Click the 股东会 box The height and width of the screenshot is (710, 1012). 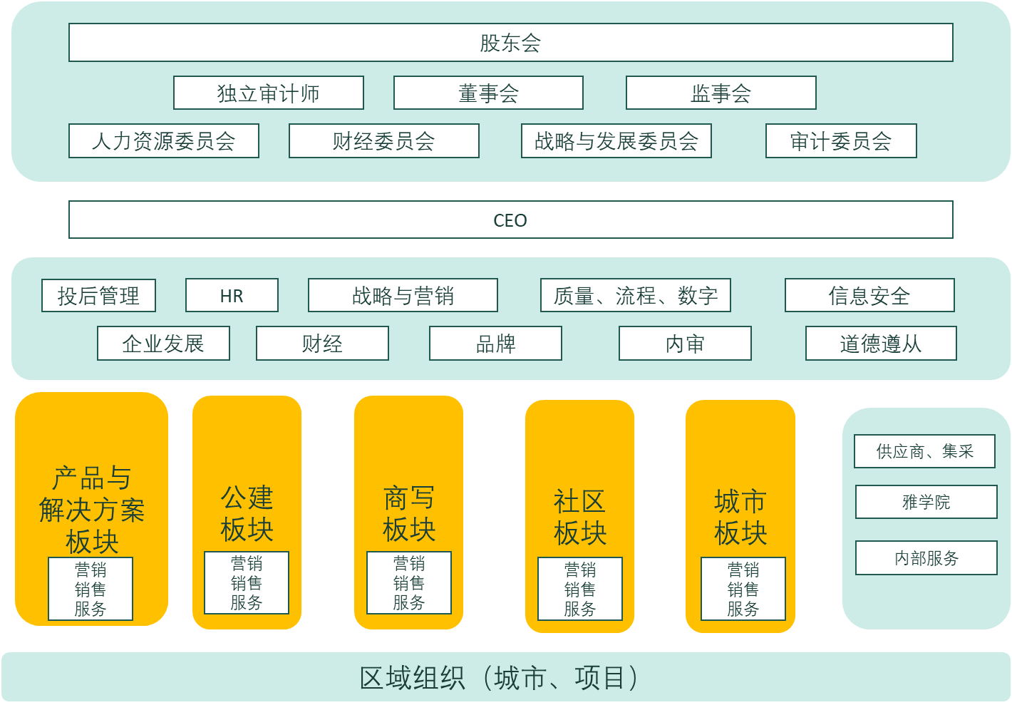pyautogui.click(x=510, y=43)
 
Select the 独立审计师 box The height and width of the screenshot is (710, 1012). pyautogui.click(x=269, y=93)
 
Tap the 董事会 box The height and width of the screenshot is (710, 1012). pyautogui.click(x=488, y=93)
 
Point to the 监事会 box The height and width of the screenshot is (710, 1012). pyautogui.click(x=721, y=93)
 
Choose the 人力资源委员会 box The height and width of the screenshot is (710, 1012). pyautogui.click(x=163, y=141)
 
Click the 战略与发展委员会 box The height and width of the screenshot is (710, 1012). pyautogui.click(x=616, y=141)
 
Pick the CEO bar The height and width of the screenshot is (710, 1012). pyautogui.click(x=510, y=220)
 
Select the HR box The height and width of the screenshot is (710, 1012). pyautogui.click(x=232, y=296)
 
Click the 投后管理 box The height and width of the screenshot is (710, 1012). pyautogui.click(x=98, y=296)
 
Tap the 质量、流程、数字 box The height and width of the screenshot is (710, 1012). pyautogui.click(x=636, y=296)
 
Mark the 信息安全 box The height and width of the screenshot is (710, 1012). pyautogui.click(x=869, y=296)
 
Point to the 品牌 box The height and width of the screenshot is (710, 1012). pyautogui.click(x=495, y=344)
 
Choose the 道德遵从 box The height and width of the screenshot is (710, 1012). pyautogui.click(x=881, y=344)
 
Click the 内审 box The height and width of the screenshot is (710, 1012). pyautogui.click(x=685, y=344)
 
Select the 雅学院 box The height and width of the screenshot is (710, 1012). pyautogui.click(x=926, y=502)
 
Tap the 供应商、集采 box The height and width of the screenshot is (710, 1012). pyautogui.click(x=924, y=451)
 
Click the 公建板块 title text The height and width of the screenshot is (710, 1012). pyautogui.click(x=247, y=513)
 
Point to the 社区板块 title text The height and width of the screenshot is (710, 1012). pyautogui.click(x=580, y=517)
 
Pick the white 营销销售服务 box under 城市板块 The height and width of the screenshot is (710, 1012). pyautogui.click(x=743, y=589)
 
